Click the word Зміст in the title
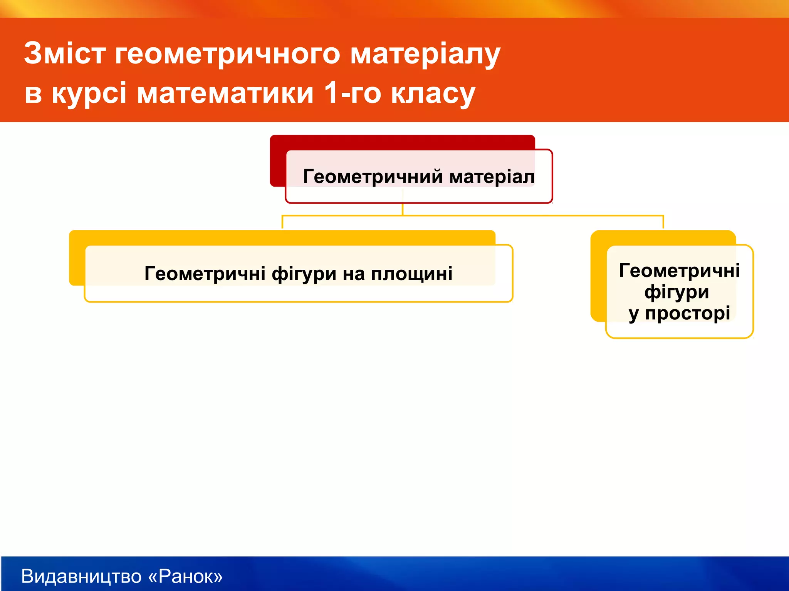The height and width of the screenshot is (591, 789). point(65,53)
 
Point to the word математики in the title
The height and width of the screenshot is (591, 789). point(225,93)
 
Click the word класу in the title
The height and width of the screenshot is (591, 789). point(433,93)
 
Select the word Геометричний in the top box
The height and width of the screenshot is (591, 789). point(373,177)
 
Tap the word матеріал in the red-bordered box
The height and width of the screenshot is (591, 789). point(492,177)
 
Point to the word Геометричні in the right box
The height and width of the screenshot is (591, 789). point(679,270)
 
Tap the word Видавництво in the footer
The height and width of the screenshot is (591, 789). point(81,576)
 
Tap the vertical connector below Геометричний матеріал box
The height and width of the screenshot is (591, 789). point(403,209)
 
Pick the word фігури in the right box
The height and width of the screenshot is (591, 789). point(677,292)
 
